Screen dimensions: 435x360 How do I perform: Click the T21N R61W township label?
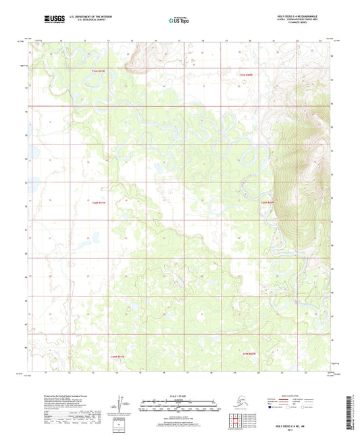[99, 71]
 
